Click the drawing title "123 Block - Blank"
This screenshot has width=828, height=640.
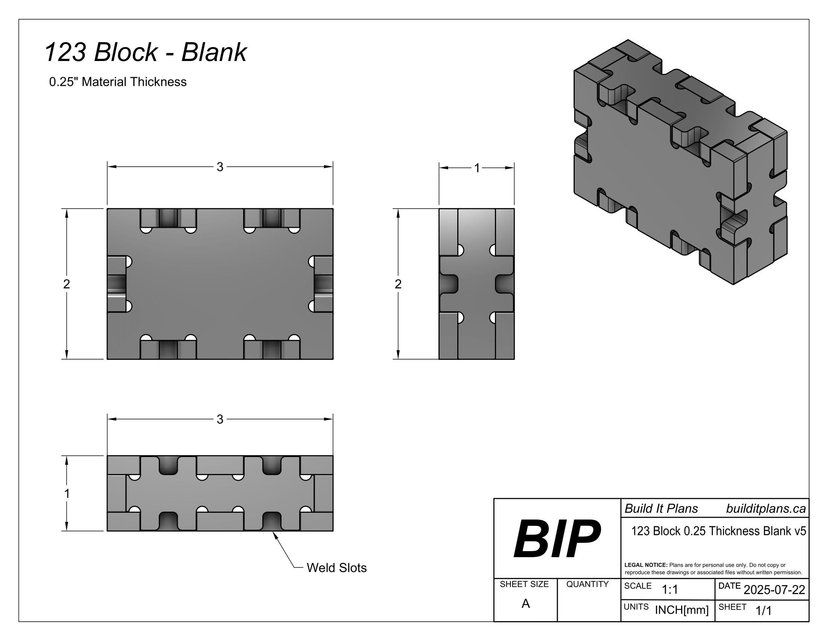[x=146, y=52]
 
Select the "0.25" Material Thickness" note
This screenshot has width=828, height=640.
[x=118, y=82]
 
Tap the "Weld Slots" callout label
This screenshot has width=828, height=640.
[x=337, y=568]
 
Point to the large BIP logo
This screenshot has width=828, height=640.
[x=557, y=538]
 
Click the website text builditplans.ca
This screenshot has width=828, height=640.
[x=766, y=509]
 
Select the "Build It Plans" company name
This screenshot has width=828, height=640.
[x=661, y=509]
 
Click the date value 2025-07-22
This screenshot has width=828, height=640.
[x=774, y=590]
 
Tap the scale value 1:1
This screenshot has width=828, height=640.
[x=670, y=590]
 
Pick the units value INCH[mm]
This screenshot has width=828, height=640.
[x=682, y=610]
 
